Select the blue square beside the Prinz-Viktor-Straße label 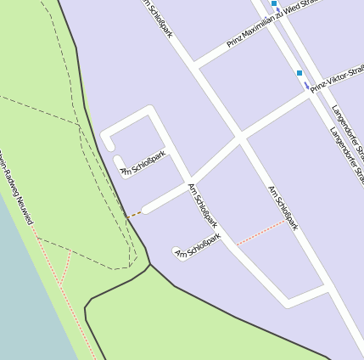pyautogui.click(x=300, y=73)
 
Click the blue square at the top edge pyautogui.click(x=274, y=4)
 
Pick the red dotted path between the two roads pyautogui.click(x=260, y=232)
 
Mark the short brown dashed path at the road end pyautogui.click(x=133, y=215)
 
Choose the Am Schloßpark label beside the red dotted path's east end pyautogui.click(x=283, y=207)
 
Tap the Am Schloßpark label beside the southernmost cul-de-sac pyautogui.click(x=198, y=245)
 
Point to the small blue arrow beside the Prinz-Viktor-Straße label pyautogui.click(x=306, y=85)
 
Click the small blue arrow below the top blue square pyautogui.click(x=279, y=14)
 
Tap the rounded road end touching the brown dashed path pyautogui.click(x=146, y=209)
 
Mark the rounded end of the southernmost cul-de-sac pyautogui.click(x=177, y=252)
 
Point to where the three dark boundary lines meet pyautogui.click(x=150, y=264)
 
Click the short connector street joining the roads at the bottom pyautogui.click(x=307, y=295)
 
